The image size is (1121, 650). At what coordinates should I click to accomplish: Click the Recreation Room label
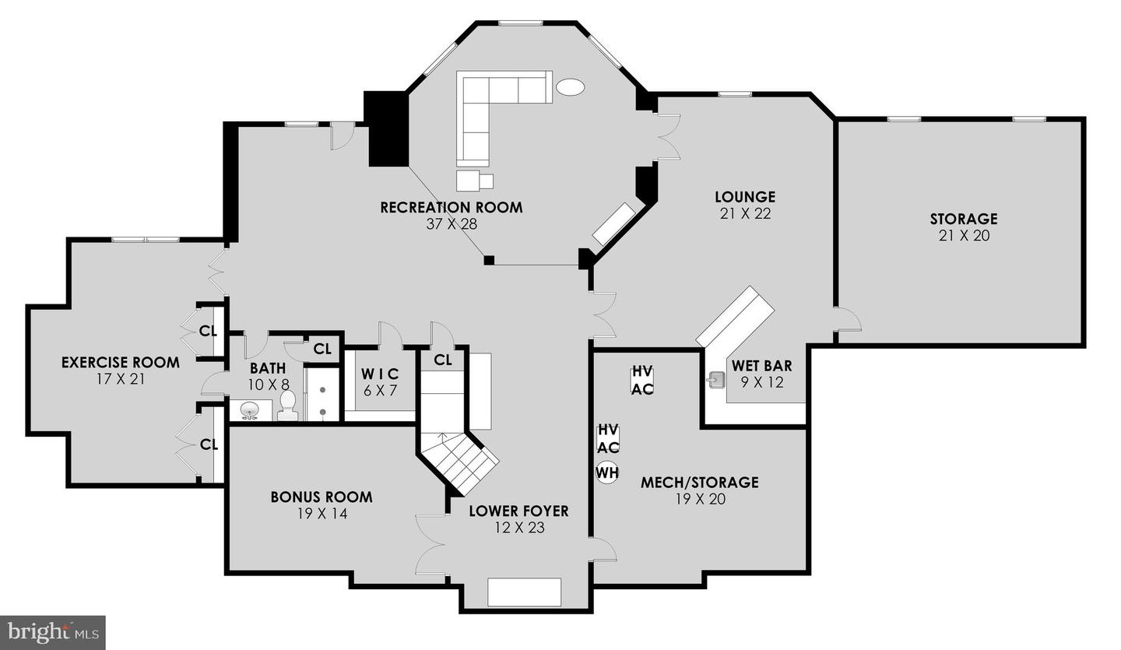(x=451, y=207)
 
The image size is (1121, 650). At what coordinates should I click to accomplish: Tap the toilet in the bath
(x=287, y=406)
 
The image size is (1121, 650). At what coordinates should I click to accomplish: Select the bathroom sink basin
(x=249, y=411)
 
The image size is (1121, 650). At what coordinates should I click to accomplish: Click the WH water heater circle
(x=607, y=472)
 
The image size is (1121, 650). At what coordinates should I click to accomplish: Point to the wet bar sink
(x=717, y=381)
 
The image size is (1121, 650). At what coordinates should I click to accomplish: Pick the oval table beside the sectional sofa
(x=570, y=87)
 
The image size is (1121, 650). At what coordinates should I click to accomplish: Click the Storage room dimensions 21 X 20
(x=964, y=236)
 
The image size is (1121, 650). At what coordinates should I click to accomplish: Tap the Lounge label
(x=745, y=197)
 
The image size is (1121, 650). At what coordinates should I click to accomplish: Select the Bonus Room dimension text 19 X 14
(x=322, y=514)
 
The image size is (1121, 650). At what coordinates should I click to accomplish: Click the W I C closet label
(x=380, y=374)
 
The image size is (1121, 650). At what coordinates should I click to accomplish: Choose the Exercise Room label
(x=120, y=362)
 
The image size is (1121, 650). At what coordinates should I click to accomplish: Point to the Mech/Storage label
(x=700, y=483)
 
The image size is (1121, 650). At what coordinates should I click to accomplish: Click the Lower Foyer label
(x=519, y=511)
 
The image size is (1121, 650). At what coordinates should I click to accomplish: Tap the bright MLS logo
(x=53, y=633)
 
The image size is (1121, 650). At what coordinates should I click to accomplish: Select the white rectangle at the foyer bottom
(x=524, y=592)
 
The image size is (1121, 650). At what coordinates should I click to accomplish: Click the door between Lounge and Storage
(x=847, y=318)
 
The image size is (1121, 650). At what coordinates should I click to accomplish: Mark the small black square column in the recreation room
(x=489, y=260)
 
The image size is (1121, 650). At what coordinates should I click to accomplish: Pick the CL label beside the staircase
(x=443, y=360)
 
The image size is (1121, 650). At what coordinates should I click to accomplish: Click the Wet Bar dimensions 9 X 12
(x=761, y=383)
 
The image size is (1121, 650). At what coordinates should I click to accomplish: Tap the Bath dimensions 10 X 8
(x=269, y=385)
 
